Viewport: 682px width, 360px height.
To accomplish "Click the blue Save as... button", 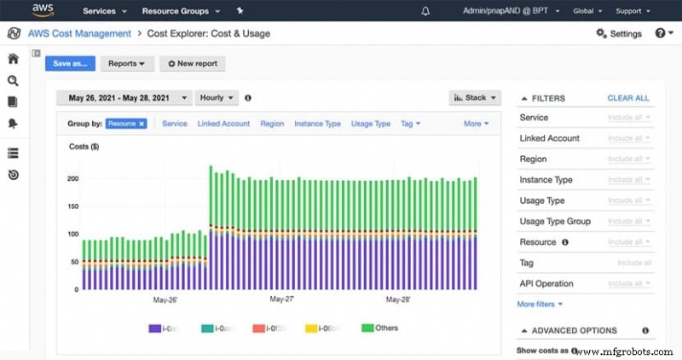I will click(70, 63).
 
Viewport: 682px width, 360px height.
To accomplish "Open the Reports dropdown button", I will click(127, 63).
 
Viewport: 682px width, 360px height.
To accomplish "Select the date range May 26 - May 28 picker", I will click(124, 98).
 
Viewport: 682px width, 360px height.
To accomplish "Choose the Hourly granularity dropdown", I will click(217, 98).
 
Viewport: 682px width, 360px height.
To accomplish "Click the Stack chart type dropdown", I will click(475, 98).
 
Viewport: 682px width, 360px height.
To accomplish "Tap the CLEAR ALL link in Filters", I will click(628, 98).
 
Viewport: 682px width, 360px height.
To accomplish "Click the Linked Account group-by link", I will click(223, 124).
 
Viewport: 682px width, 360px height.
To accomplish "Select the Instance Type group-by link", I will click(317, 124).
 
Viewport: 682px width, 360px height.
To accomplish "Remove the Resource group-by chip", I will click(142, 124).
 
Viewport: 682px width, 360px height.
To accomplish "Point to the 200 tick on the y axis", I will click(72, 178).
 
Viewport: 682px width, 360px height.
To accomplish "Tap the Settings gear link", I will click(619, 33).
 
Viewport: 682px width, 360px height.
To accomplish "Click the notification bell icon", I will click(425, 11).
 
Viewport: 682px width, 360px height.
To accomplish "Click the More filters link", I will click(540, 304).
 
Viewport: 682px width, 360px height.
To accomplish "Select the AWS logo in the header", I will click(43, 10).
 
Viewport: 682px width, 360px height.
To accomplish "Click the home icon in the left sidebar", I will click(13, 59).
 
